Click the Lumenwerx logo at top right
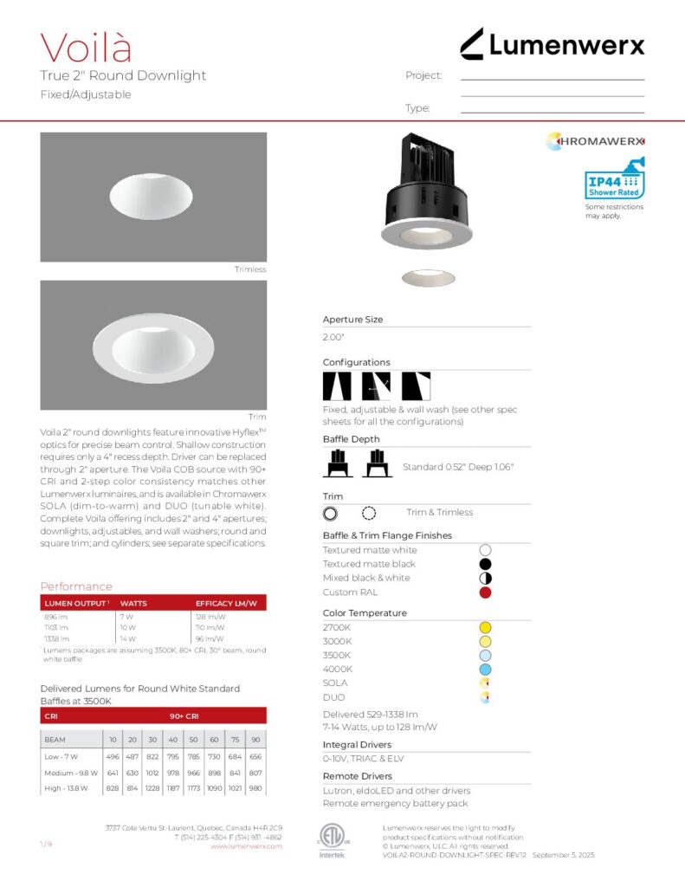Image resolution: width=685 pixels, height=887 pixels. tap(552, 44)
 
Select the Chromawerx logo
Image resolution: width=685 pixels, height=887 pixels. tap(596, 141)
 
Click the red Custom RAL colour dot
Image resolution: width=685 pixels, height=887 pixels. tap(485, 592)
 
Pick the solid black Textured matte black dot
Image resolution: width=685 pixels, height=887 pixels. tap(485, 564)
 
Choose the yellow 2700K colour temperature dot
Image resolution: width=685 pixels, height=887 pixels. tap(485, 627)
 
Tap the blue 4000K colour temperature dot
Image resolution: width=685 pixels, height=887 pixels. tap(485, 670)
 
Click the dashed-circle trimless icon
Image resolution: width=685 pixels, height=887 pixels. tap(369, 513)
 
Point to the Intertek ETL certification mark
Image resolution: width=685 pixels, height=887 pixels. tap(332, 838)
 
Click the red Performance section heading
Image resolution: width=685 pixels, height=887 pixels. tap(76, 586)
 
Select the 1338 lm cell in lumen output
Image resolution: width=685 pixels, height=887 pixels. tap(55, 638)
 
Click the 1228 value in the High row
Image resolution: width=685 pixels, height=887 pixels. tap(152, 787)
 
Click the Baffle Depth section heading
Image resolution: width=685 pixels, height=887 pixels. tap(351, 440)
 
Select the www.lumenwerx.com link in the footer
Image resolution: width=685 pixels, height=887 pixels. tap(246, 846)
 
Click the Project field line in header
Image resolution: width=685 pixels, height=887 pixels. tap(552, 79)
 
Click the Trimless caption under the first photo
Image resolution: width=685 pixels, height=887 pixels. tap(250, 269)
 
